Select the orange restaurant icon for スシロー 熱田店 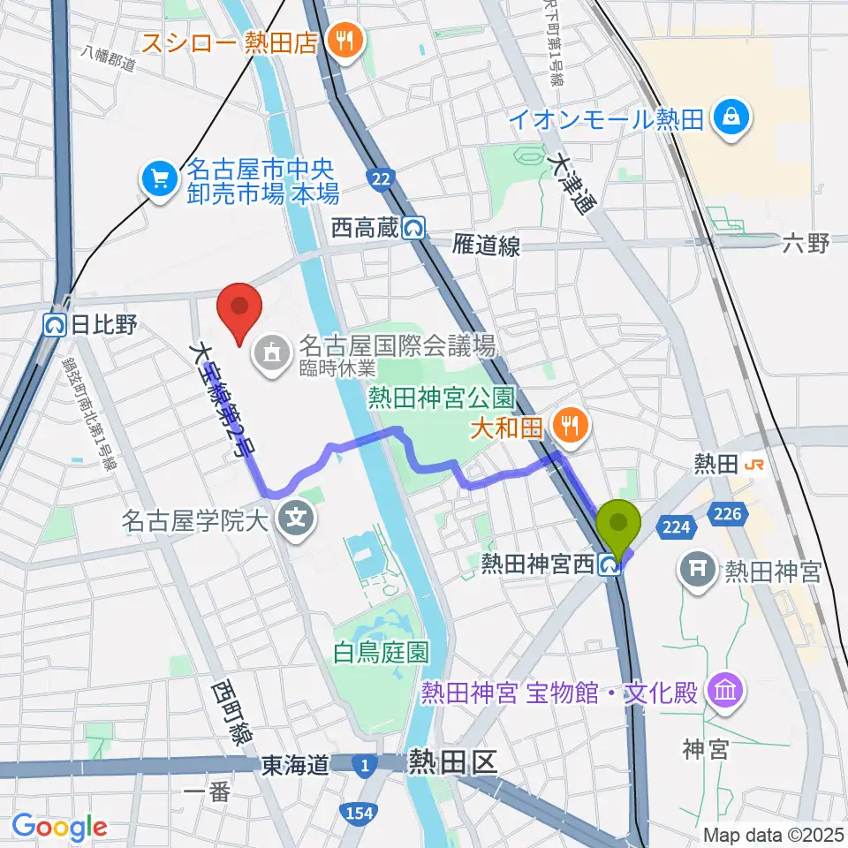(x=340, y=41)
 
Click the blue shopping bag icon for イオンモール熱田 (x=732, y=117)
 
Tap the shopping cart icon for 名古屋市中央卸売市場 (x=159, y=179)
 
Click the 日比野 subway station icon (x=57, y=325)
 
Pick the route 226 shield (x=731, y=513)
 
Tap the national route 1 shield (x=364, y=764)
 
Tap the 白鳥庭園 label (x=382, y=653)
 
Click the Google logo (x=59, y=827)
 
